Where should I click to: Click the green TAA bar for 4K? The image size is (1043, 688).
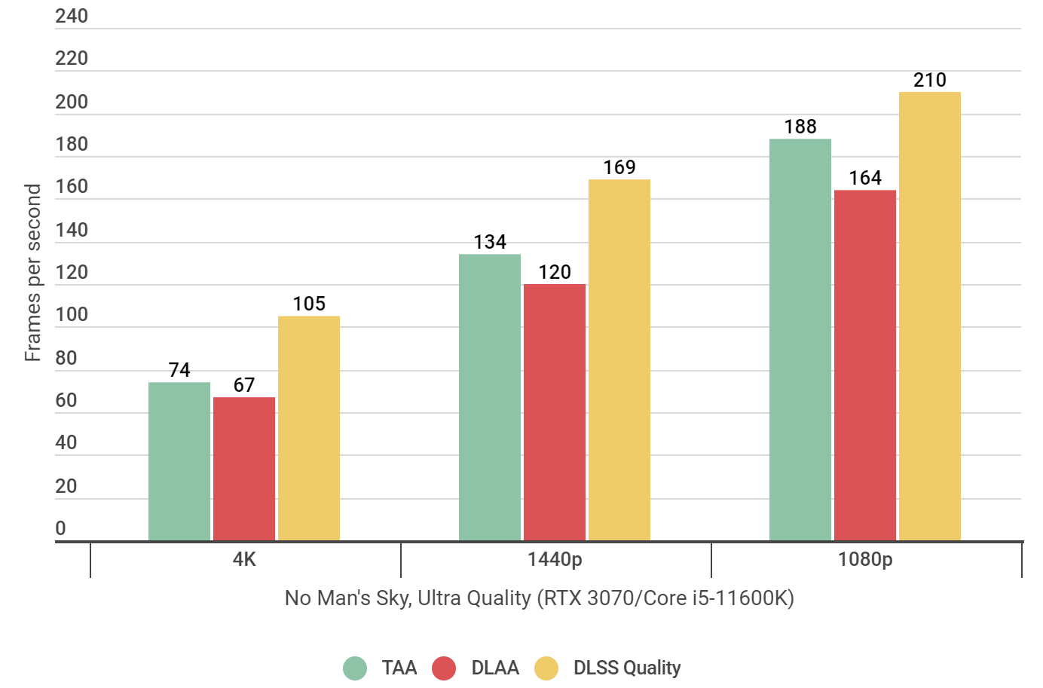click(x=179, y=461)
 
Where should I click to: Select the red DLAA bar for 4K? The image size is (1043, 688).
click(x=244, y=469)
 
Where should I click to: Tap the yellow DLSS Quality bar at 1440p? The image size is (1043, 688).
click(x=619, y=360)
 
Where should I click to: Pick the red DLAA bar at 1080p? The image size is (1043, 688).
click(x=865, y=365)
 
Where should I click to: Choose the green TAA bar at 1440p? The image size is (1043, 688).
click(x=490, y=397)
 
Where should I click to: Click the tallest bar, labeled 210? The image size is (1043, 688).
click(x=930, y=316)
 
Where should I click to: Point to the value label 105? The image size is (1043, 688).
click(x=309, y=304)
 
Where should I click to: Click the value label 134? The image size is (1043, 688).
click(x=490, y=242)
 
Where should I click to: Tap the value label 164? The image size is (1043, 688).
click(x=865, y=178)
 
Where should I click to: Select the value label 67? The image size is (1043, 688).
click(x=244, y=385)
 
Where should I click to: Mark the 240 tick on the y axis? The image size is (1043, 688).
click(x=72, y=16)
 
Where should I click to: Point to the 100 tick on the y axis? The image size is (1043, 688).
click(x=72, y=315)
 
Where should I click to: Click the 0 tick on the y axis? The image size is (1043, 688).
click(x=61, y=528)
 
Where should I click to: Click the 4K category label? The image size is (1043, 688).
click(x=244, y=559)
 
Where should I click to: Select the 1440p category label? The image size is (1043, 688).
click(x=555, y=559)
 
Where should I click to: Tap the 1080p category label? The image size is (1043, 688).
click(x=865, y=559)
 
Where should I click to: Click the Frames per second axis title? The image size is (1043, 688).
click(x=32, y=273)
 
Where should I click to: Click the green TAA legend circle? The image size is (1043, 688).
click(x=355, y=668)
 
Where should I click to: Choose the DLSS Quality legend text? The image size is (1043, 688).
click(x=627, y=668)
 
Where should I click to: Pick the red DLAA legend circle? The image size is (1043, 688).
click(x=444, y=668)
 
